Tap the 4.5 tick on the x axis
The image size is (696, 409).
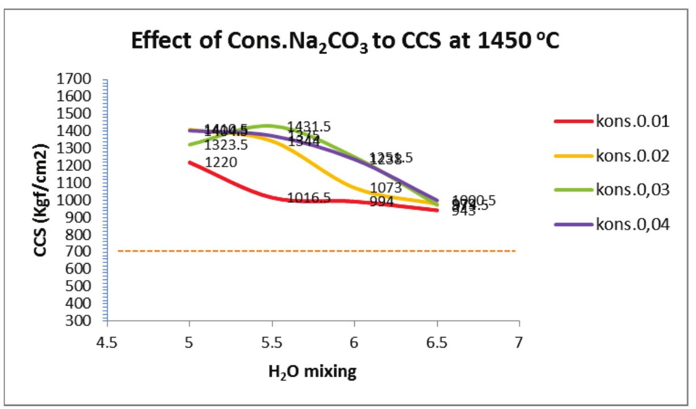(107, 344)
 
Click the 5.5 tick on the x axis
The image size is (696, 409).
(272, 344)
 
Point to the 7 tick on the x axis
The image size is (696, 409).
(519, 344)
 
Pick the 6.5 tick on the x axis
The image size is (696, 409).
(437, 344)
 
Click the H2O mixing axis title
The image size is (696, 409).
(312, 372)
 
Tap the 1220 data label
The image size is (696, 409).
(221, 163)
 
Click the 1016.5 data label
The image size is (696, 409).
(309, 198)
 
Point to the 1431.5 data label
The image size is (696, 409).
(309, 127)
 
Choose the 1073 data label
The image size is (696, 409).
(386, 187)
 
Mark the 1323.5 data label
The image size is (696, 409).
(226, 145)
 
